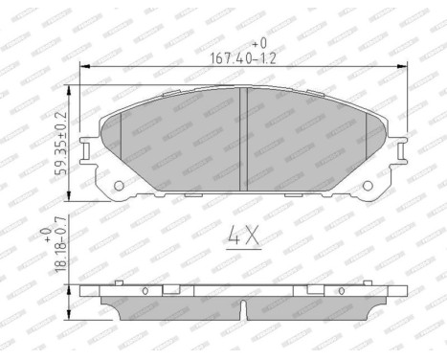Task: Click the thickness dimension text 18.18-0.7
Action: point(61,252)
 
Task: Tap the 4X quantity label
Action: point(242,235)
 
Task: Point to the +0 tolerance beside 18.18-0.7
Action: point(45,234)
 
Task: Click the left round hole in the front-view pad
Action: point(119,186)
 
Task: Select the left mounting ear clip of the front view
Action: point(88,149)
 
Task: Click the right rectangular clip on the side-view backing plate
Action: point(314,289)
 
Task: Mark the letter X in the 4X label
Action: point(252,235)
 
